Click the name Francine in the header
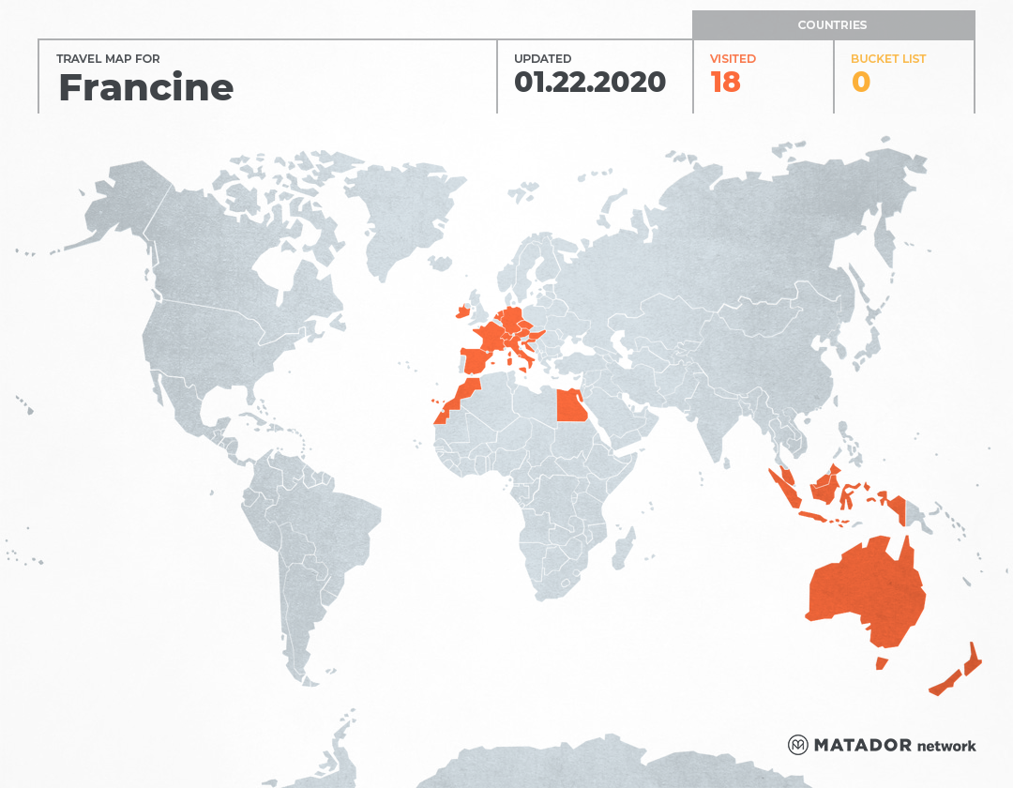tap(145, 87)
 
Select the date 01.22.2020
tap(589, 83)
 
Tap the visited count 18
tap(725, 83)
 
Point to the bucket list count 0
tap(860, 83)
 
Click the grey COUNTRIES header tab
tap(832, 25)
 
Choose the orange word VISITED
tap(733, 58)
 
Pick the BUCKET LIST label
tap(887, 58)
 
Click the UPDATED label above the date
tap(542, 58)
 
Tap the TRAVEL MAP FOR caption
tap(108, 58)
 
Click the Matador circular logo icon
tap(797, 745)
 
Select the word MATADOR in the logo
tap(862, 745)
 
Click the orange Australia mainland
tap(863, 591)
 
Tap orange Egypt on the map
tap(570, 406)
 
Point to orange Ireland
tap(461, 311)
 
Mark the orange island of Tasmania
tap(881, 663)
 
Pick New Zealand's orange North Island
tap(975, 659)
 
